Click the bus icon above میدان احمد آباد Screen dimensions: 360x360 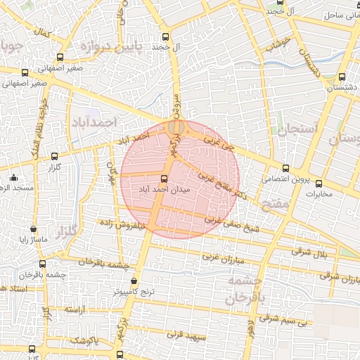pos(165,179)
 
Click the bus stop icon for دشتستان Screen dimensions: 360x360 pos(342,77)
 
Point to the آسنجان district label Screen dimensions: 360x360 pos(297,130)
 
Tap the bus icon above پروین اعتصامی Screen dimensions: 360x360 pos(285,168)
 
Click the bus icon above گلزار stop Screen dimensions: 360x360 pos(55,156)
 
